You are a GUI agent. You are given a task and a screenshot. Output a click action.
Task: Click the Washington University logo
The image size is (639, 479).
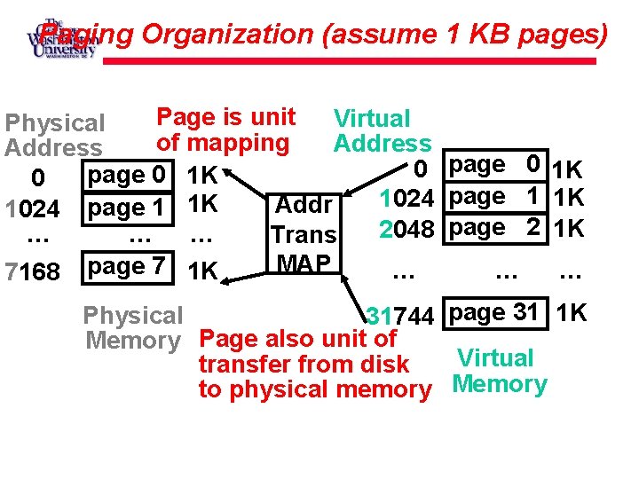(61, 37)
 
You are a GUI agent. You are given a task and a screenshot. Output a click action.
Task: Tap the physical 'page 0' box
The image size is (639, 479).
(126, 176)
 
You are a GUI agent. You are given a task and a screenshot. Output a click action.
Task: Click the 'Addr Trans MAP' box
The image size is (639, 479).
(304, 233)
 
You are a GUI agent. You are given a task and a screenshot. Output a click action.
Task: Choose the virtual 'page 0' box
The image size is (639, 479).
(494, 164)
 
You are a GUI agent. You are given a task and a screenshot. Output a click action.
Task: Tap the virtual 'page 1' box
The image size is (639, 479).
(494, 196)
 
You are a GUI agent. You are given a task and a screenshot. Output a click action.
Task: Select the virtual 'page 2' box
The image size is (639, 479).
(494, 227)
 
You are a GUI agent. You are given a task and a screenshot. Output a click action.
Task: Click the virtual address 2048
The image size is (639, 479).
(406, 229)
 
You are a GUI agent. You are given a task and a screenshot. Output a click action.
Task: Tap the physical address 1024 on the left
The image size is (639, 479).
(32, 210)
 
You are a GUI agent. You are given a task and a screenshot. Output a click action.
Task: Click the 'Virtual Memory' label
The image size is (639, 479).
(498, 372)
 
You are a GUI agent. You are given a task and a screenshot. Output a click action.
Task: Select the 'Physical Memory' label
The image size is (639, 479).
(132, 328)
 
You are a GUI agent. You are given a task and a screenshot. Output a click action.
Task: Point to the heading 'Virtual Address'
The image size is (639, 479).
(382, 130)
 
